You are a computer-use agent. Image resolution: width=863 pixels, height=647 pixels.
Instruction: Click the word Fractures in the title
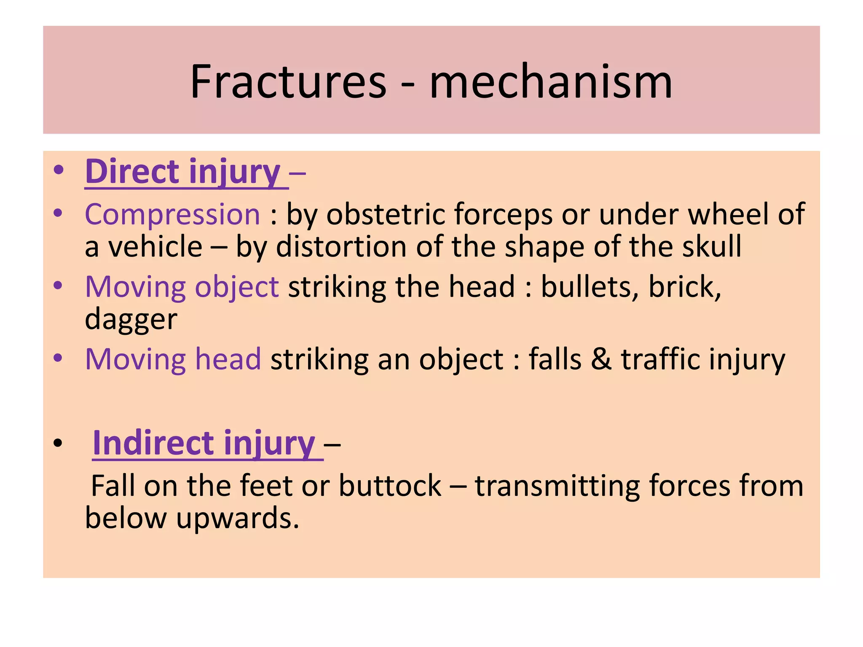click(288, 82)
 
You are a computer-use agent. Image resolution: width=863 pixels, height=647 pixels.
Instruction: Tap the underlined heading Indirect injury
click(204, 443)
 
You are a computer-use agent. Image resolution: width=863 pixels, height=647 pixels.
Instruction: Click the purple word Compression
click(173, 214)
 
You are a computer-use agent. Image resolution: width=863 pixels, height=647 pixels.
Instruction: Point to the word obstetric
click(385, 214)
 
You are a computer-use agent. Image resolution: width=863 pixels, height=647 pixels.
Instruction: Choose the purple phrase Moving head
click(173, 359)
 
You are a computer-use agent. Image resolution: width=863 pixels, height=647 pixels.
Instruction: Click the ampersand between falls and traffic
click(601, 359)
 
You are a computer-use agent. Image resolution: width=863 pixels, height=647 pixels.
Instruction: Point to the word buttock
click(390, 486)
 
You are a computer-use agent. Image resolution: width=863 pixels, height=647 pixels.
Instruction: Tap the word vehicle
click(155, 246)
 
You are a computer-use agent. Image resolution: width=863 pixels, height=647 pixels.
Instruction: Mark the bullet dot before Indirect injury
click(58, 443)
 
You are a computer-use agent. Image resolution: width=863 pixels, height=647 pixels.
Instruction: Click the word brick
click(683, 287)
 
